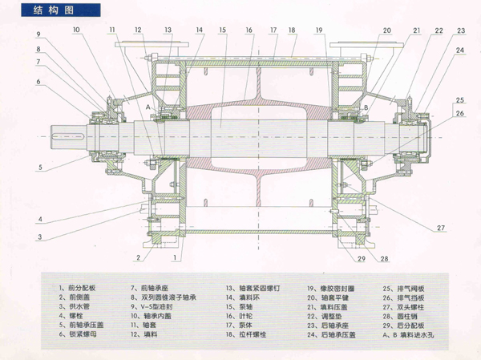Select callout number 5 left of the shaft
38,168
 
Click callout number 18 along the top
293,30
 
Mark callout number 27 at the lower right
440,229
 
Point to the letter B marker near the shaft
365,107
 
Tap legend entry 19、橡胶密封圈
329,286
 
